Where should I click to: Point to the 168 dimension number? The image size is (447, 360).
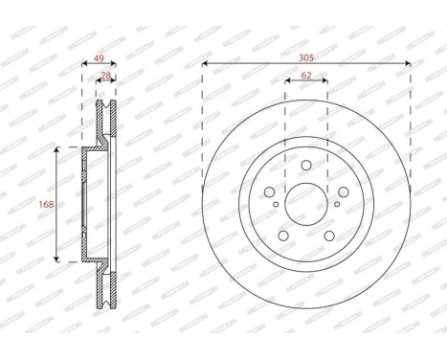[44, 204]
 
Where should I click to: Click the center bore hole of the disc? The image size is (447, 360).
[306, 204]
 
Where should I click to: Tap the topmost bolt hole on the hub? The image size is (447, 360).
[306, 167]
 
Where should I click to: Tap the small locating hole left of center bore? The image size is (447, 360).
[277, 204]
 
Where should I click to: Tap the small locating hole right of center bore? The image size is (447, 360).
[336, 204]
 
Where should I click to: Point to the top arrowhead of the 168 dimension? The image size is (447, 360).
[57, 150]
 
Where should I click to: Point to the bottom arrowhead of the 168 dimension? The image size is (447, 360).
[57, 259]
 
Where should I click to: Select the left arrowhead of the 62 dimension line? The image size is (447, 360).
[287, 82]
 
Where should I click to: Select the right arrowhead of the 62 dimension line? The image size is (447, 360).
[325, 82]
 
